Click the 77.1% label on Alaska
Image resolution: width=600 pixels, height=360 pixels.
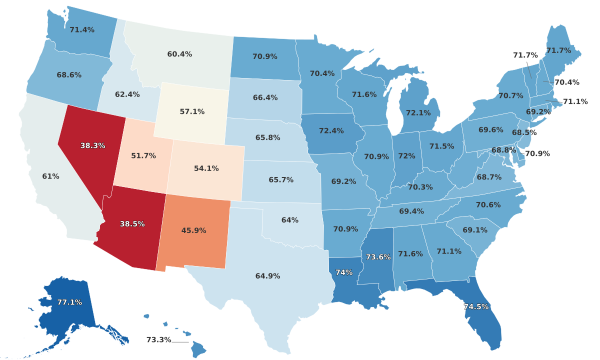click(x=69, y=302)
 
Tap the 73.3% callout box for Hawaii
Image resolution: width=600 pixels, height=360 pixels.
click(x=158, y=340)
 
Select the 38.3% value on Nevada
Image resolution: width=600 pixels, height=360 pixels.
click(x=93, y=146)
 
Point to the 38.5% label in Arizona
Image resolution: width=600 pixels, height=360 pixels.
click(x=132, y=224)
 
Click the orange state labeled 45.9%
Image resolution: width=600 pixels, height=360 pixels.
click(x=193, y=230)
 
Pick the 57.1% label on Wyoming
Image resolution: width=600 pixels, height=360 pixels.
click(x=192, y=112)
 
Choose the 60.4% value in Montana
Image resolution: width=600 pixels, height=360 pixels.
click(x=179, y=54)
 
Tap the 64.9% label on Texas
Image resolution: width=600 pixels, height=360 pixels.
click(x=267, y=276)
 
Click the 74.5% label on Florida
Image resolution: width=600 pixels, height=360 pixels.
click(x=476, y=307)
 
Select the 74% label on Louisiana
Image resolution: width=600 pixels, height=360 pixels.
click(x=344, y=272)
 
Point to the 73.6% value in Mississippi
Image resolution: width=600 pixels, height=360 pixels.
click(x=378, y=257)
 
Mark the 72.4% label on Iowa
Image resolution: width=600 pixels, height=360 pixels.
click(x=331, y=131)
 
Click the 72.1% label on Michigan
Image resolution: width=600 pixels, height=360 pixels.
click(x=418, y=113)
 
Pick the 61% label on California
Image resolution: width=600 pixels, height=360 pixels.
click(x=50, y=176)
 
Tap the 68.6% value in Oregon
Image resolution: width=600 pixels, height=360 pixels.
click(x=69, y=75)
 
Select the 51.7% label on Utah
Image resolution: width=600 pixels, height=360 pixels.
click(x=143, y=156)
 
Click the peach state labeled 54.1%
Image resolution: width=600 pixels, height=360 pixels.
click(x=206, y=168)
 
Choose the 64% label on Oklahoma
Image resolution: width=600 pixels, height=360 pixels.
click(x=290, y=220)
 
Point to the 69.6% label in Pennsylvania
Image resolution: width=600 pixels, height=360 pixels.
click(x=491, y=130)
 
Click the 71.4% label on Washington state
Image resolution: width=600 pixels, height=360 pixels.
click(x=82, y=30)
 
